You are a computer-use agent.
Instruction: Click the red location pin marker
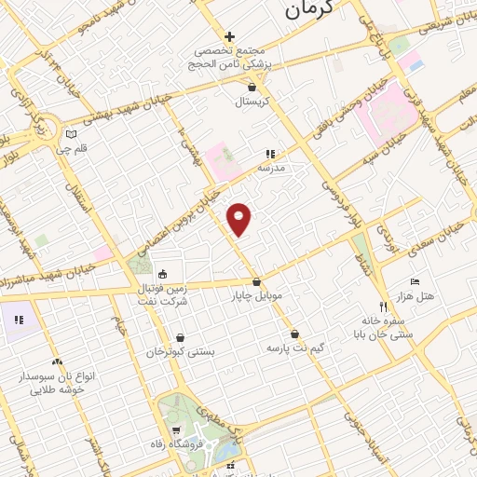(240, 218)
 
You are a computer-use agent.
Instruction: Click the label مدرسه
(270, 169)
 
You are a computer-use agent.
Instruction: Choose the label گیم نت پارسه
(294, 348)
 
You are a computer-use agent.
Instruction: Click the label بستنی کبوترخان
(181, 353)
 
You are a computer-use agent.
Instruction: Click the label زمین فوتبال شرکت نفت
(163, 296)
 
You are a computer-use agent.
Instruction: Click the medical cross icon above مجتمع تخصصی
(229, 36)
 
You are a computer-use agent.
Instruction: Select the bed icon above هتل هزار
(415, 282)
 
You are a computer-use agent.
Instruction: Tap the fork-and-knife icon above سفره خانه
(382, 307)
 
